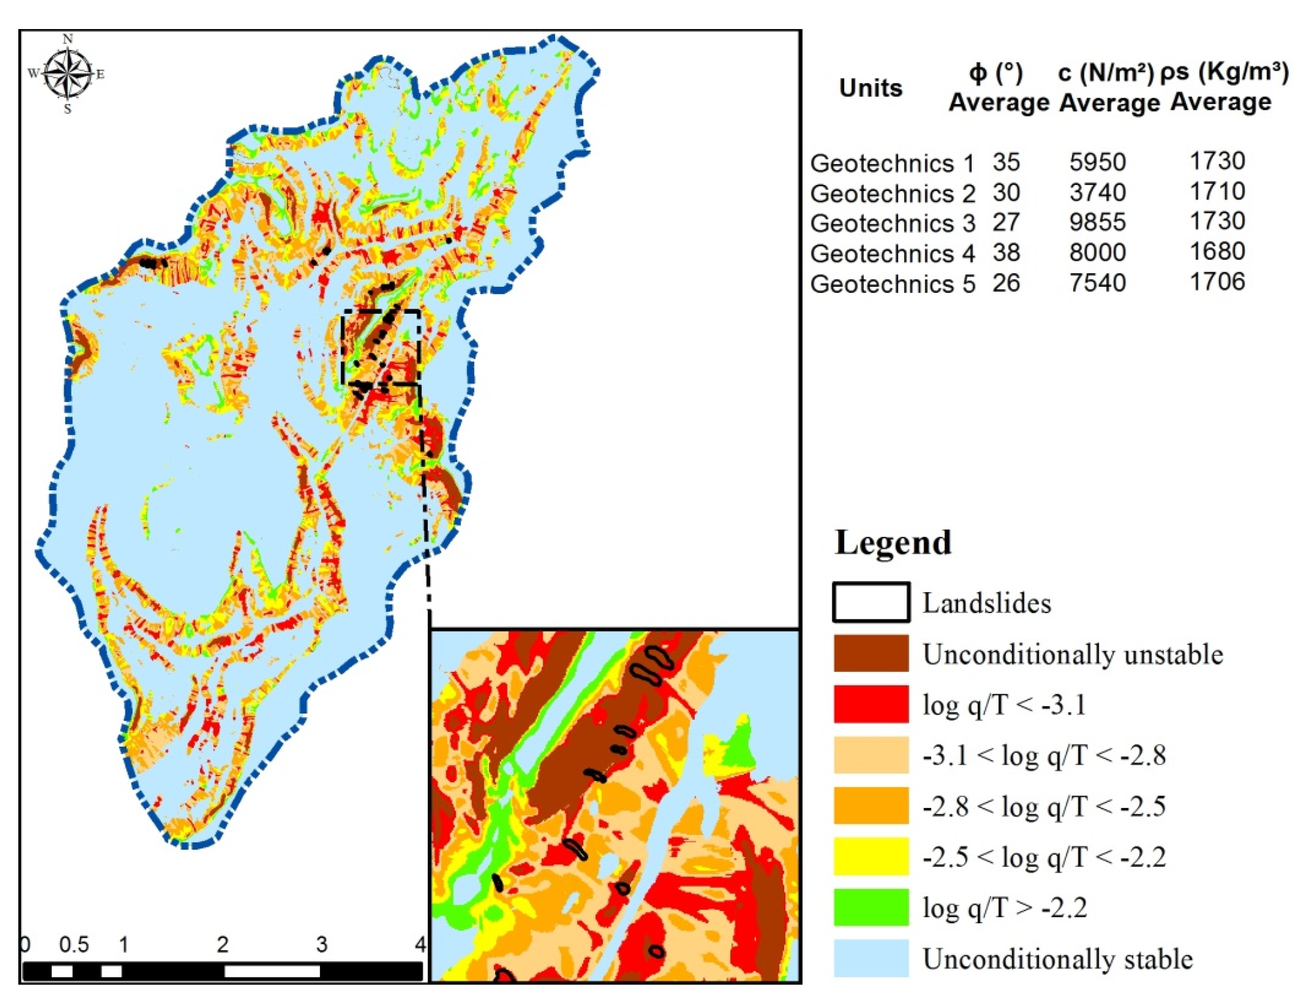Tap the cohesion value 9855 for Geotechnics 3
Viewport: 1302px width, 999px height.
click(1097, 222)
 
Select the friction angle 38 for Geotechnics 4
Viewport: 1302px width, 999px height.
click(1006, 253)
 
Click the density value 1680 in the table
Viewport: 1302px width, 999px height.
click(1217, 251)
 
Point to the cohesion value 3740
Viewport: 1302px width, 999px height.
click(1097, 192)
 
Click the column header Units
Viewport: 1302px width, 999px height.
click(870, 88)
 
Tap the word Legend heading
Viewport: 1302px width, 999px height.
click(893, 542)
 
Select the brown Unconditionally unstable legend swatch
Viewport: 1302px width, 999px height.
click(870, 653)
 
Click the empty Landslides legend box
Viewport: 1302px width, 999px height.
click(870, 602)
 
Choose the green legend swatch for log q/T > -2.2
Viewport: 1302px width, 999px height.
click(870, 907)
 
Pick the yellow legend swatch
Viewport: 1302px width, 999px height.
click(870, 856)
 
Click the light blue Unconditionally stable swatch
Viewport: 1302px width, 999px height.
click(870, 958)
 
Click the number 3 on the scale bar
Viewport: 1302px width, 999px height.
click(322, 944)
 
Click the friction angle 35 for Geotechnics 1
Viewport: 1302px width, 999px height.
click(1006, 162)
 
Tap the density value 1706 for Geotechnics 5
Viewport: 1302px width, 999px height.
click(1217, 281)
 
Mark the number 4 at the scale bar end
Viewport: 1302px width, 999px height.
click(420, 944)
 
